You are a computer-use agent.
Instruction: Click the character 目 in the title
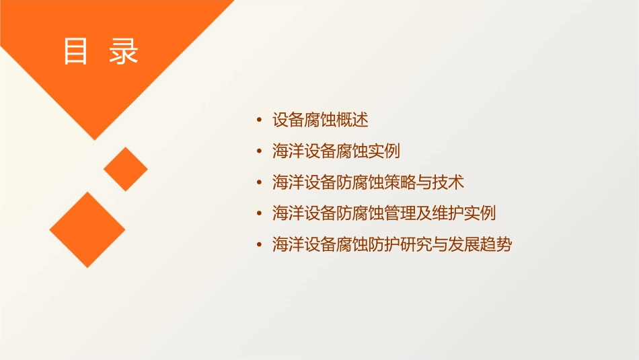pyautogui.click(x=76, y=51)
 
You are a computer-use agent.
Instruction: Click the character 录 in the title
pyautogui.click(x=123, y=51)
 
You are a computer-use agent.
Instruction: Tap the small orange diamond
pyautogui.click(x=125, y=169)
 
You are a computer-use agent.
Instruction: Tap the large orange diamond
pyautogui.click(x=87, y=229)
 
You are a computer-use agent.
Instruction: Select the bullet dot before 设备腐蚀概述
pyautogui.click(x=260, y=121)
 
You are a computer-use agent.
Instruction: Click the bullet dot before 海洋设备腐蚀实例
pyautogui.click(x=260, y=152)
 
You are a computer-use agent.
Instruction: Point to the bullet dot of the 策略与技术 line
pyautogui.click(x=260, y=183)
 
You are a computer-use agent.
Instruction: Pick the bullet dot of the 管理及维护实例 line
pyautogui.click(x=260, y=214)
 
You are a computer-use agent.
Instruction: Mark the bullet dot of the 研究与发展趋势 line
pyautogui.click(x=260, y=245)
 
